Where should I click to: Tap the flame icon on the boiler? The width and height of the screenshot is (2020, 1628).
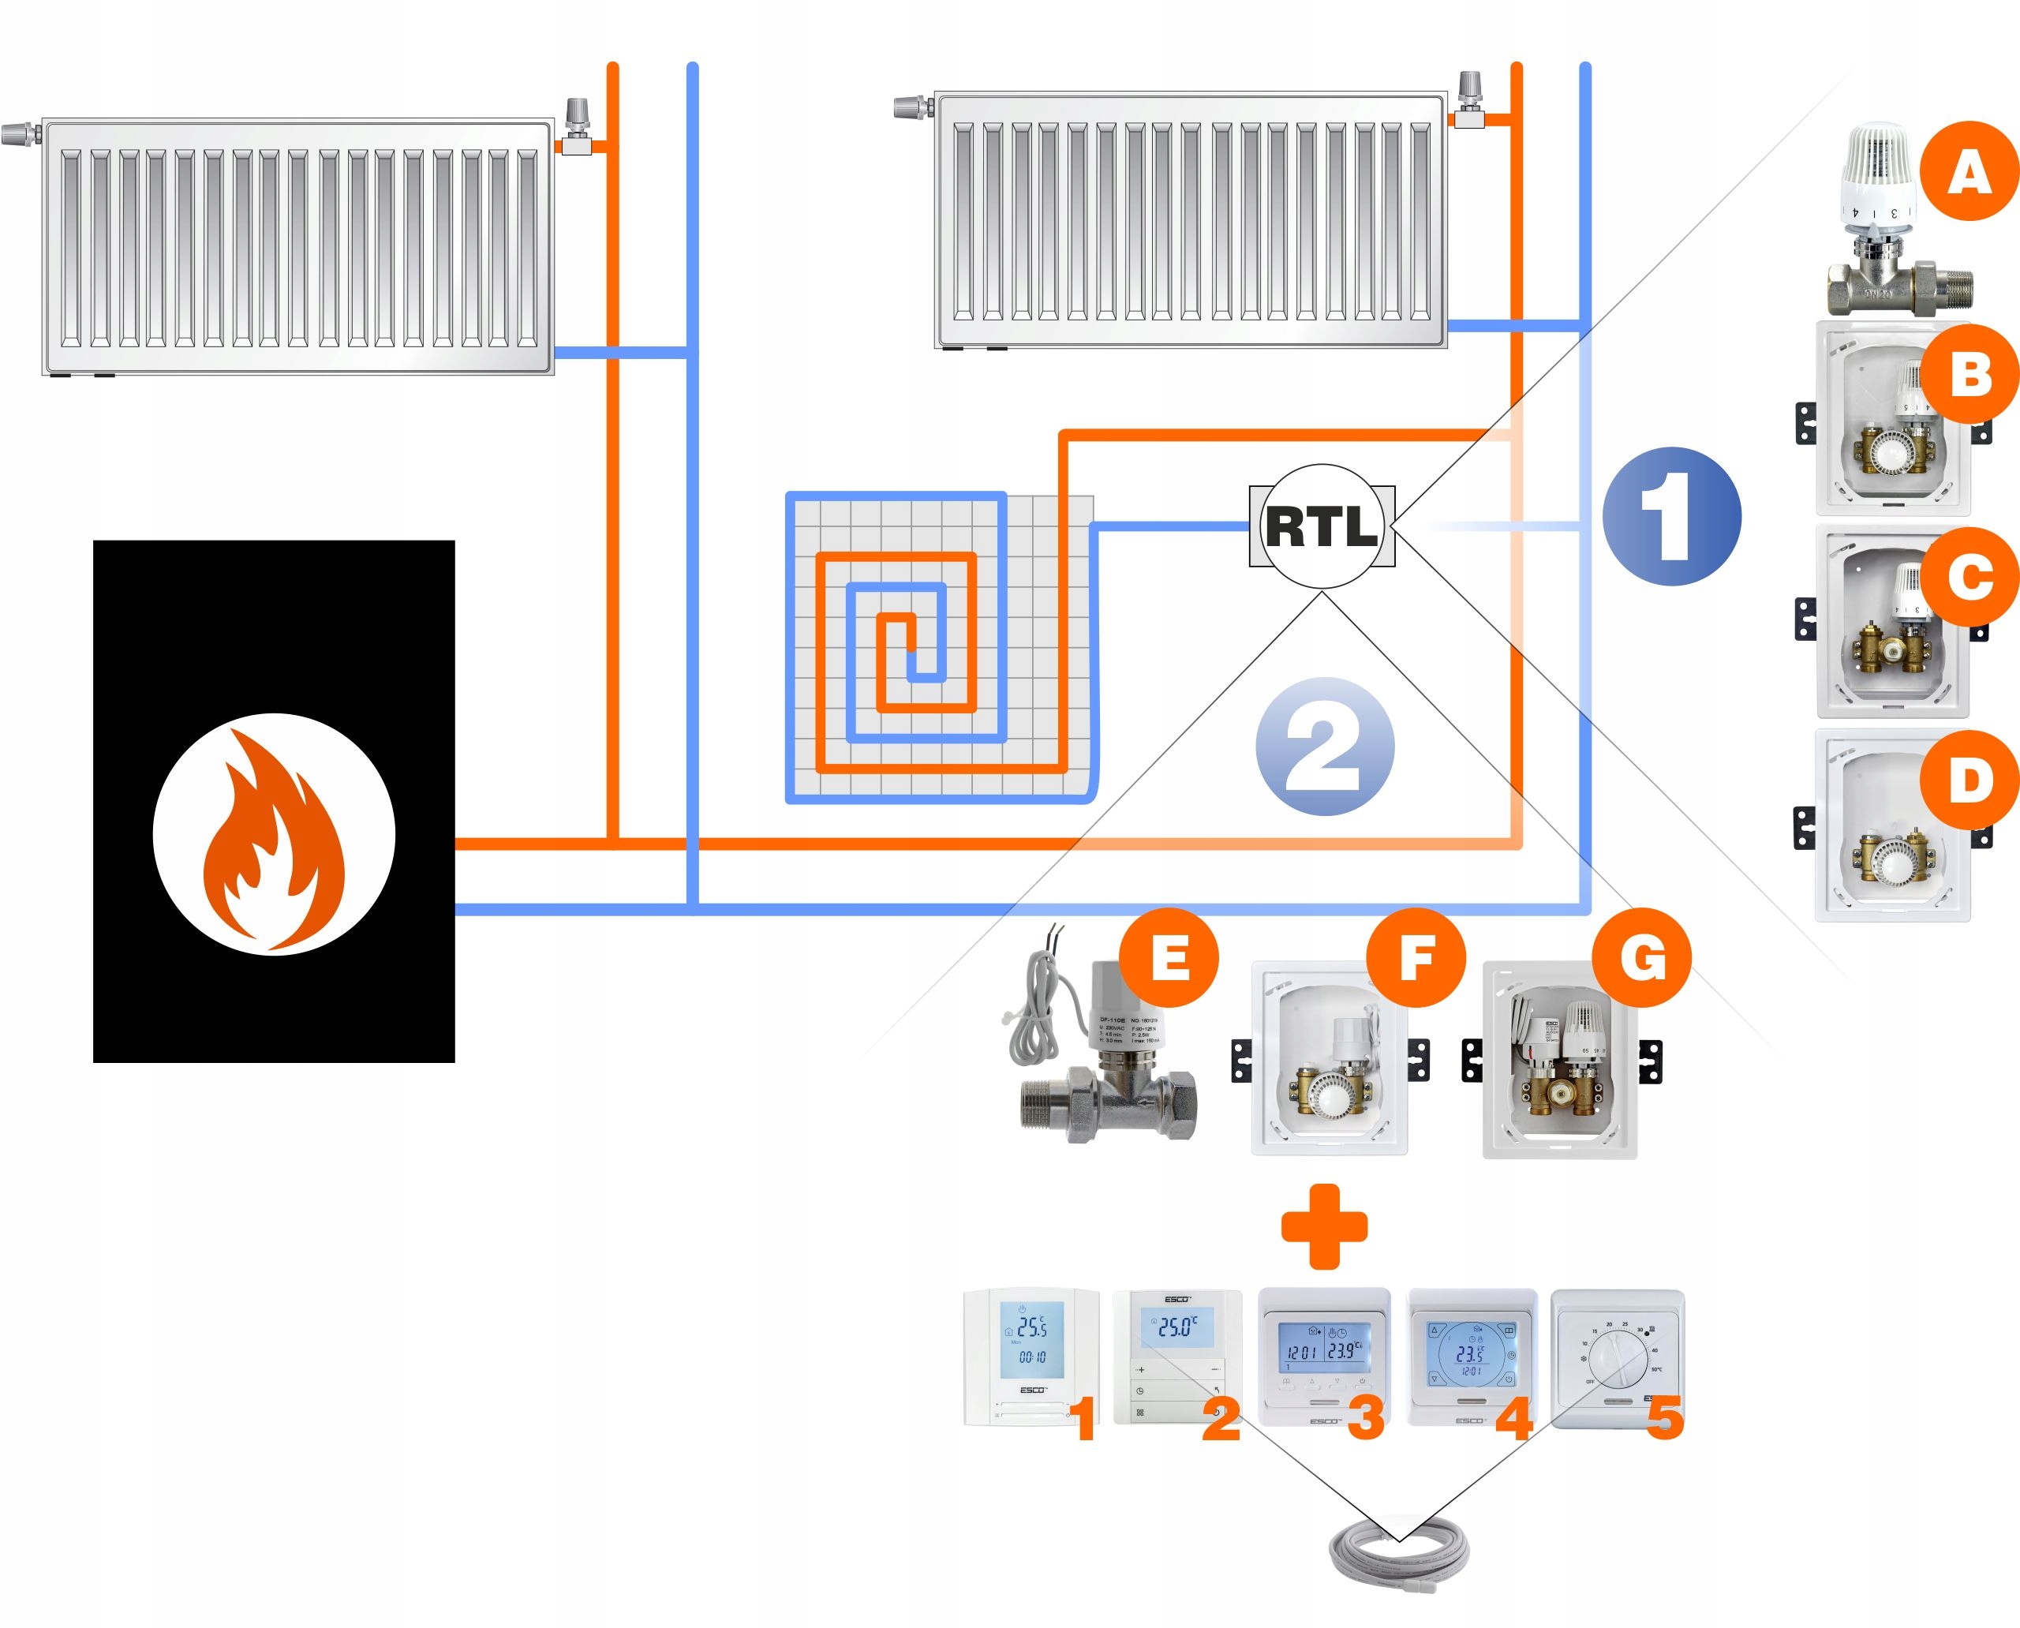274,835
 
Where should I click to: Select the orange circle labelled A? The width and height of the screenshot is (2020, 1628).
1969,171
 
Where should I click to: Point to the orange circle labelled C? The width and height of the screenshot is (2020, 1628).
1969,576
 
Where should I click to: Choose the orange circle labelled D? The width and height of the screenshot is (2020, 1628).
1969,780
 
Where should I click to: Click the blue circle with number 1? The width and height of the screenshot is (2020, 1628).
1671,517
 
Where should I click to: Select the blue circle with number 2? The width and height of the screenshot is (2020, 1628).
1324,747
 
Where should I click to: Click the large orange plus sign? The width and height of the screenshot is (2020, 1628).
1324,1226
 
